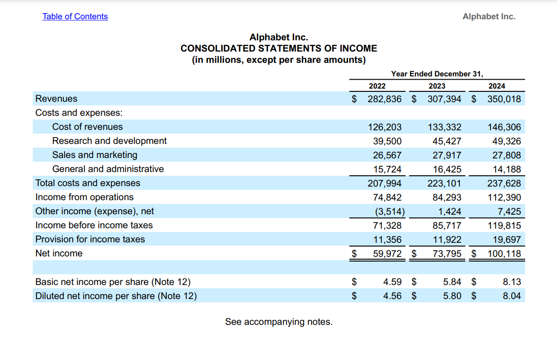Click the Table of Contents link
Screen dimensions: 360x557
coord(75,16)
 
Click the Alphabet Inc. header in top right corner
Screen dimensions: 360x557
coord(489,16)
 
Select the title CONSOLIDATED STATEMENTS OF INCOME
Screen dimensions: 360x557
coord(279,48)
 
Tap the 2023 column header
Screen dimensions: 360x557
coord(437,86)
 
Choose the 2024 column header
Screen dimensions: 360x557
coord(497,86)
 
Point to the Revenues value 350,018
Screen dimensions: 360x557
coord(504,99)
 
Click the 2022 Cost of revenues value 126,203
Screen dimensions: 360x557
coord(385,127)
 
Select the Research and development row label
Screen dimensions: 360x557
coord(109,141)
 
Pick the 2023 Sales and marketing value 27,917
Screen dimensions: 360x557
coord(445,155)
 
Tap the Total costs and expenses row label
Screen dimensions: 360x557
coord(88,183)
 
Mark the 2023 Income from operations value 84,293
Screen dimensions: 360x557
coord(445,197)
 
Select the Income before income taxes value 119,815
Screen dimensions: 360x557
coord(504,225)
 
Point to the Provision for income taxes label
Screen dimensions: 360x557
coord(90,240)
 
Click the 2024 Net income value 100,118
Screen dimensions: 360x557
coord(504,254)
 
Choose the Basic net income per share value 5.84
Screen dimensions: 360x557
coord(452,282)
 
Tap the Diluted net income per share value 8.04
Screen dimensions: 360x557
coord(512,296)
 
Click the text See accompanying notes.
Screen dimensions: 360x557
coord(279,322)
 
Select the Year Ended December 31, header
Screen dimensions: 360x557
coord(437,74)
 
